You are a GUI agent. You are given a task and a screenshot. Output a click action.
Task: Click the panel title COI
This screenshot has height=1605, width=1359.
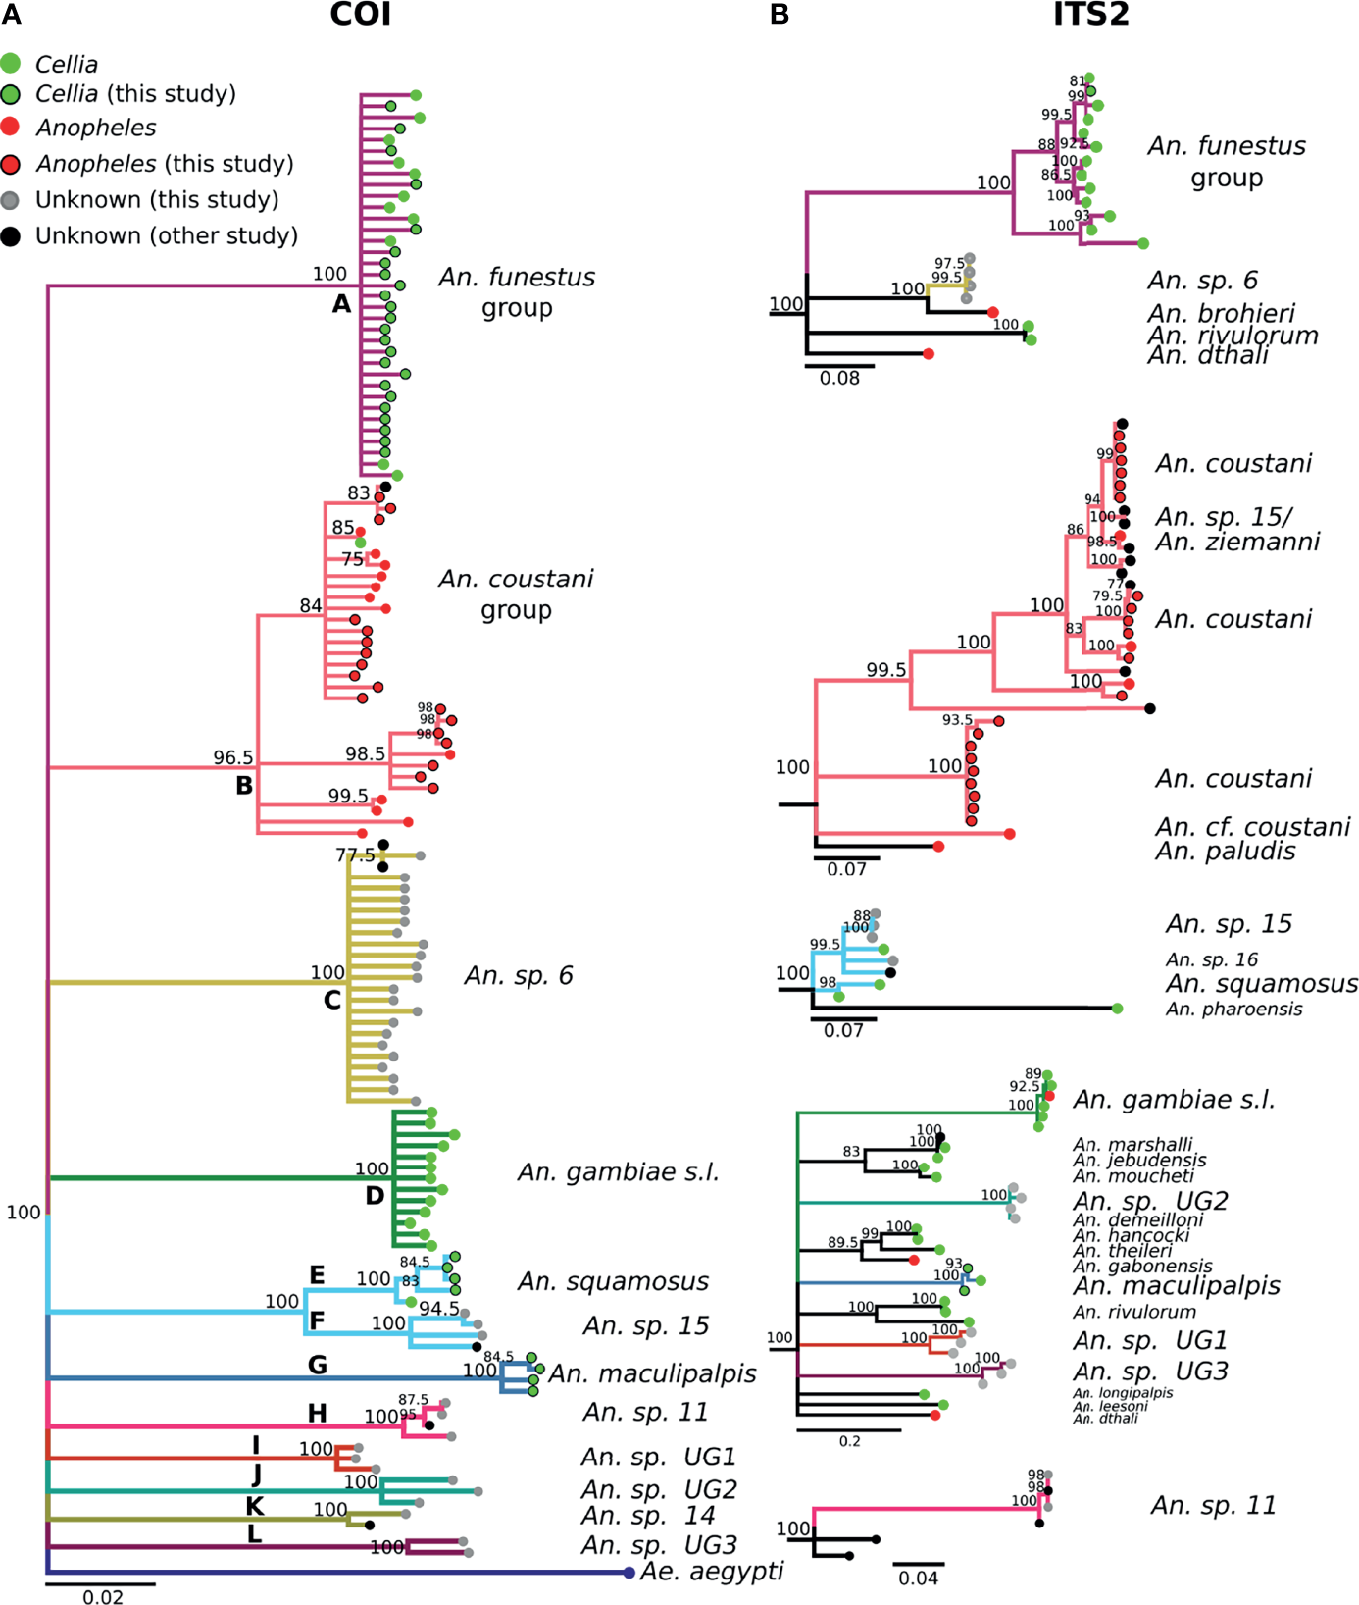[x=360, y=15]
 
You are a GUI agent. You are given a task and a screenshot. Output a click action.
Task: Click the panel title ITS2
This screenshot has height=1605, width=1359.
[x=1090, y=15]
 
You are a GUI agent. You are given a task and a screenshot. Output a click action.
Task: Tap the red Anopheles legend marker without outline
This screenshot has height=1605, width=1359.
[x=10, y=127]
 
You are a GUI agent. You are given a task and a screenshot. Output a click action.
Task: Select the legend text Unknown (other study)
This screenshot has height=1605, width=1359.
[x=167, y=236]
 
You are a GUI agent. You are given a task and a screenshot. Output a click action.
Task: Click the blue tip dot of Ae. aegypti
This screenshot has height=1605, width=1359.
[x=629, y=1573]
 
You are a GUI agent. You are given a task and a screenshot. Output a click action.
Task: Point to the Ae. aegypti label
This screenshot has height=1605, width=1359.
[x=712, y=1571]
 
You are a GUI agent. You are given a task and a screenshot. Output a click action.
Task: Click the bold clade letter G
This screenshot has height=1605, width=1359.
[x=317, y=1365]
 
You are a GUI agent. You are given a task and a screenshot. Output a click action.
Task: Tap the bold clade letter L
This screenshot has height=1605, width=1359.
[x=254, y=1534]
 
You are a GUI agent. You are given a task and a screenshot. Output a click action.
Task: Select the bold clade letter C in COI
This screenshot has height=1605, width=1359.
[x=332, y=1000]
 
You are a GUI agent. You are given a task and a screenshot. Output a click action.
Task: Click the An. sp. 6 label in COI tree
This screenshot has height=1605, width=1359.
[x=518, y=975]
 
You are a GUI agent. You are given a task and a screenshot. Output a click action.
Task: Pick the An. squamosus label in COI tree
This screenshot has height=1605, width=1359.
[x=613, y=1281]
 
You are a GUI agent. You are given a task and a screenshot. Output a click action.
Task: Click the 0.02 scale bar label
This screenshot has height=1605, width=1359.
[x=102, y=1597]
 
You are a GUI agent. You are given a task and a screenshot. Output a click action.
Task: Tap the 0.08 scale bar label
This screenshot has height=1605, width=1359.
[x=839, y=379]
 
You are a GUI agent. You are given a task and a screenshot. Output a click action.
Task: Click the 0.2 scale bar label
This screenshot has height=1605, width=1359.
[x=849, y=1441]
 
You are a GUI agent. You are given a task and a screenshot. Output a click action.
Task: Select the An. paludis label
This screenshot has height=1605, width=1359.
[x=1225, y=851]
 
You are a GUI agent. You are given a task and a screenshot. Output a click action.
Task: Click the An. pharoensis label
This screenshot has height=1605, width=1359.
[x=1233, y=1009]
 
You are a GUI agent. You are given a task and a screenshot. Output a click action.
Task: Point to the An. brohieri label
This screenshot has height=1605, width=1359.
[x=1221, y=313]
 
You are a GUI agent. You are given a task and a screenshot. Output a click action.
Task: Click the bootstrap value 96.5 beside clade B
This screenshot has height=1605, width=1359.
[x=233, y=757]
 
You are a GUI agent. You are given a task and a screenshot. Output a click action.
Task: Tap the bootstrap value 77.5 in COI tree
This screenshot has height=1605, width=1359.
[x=355, y=855]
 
